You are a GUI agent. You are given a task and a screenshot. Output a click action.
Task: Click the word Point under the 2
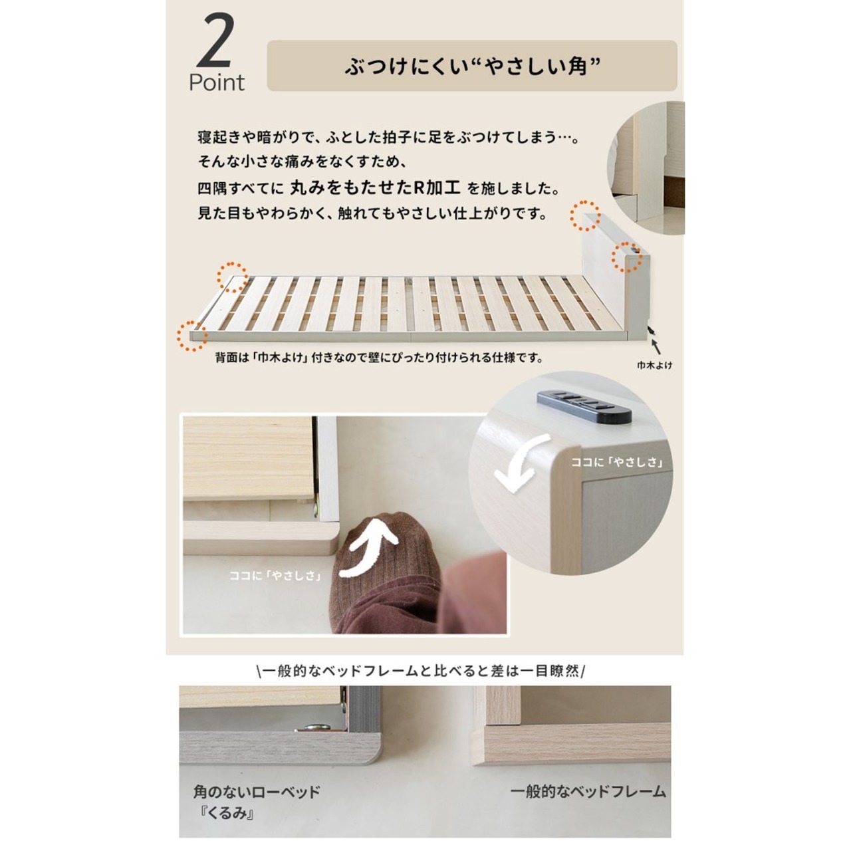[x=216, y=82]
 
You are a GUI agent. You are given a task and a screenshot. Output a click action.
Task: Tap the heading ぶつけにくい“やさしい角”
[x=472, y=66]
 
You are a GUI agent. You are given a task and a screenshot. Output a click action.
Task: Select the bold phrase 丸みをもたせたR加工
[x=376, y=188]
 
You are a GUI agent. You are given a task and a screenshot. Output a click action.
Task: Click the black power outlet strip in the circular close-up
[x=584, y=406]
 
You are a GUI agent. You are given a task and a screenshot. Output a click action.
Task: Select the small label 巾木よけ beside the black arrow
[x=654, y=365]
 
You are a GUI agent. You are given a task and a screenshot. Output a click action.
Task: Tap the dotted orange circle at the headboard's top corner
[x=584, y=215]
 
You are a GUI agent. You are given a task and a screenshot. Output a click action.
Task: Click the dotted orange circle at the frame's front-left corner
[x=192, y=336]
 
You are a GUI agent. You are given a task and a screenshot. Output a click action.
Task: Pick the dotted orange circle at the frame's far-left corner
[x=232, y=277]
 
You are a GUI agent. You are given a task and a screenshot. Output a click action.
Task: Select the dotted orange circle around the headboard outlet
[x=627, y=257]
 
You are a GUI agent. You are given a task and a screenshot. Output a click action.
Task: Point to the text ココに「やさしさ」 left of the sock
[x=275, y=576]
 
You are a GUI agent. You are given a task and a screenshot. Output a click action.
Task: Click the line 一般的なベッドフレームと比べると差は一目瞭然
[x=420, y=671]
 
